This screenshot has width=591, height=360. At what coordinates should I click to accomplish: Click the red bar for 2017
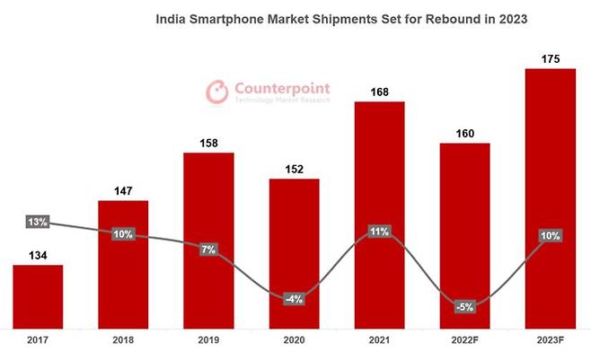coord(38,296)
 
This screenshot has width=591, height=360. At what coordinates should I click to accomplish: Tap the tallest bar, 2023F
coord(550,198)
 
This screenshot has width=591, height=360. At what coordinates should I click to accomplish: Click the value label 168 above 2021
coord(379,90)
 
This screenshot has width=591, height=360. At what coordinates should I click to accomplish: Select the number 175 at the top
coord(550,57)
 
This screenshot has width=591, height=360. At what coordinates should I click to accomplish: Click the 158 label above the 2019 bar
coord(208,141)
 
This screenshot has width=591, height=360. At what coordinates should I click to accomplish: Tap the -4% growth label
coord(294,299)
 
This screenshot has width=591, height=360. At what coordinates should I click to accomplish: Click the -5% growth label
coord(463,306)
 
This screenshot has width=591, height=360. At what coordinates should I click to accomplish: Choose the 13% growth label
coord(37,222)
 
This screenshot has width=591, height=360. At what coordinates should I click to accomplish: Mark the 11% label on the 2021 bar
coord(378,232)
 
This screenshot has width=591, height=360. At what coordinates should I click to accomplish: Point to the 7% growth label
coord(208,249)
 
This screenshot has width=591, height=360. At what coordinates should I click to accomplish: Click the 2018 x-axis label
coord(123,342)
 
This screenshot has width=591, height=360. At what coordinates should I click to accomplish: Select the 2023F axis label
coord(550,342)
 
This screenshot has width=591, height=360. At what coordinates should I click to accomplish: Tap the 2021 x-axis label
coord(379,342)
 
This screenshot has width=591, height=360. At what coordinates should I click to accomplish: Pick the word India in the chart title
coord(172,17)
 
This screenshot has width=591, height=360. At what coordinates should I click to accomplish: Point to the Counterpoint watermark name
coord(282,88)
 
